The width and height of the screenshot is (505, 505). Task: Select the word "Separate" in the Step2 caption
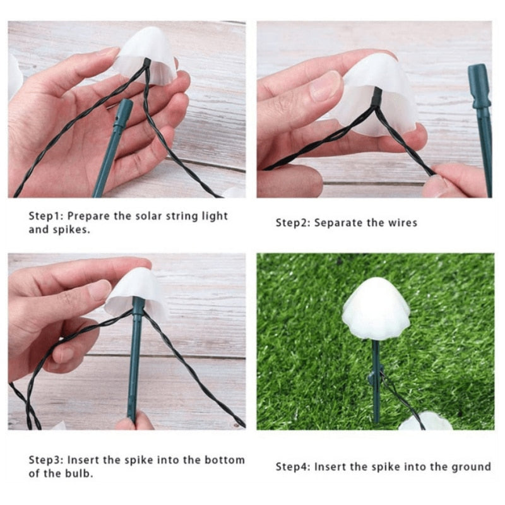tap(340, 223)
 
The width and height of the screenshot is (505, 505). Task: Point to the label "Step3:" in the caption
tap(45, 460)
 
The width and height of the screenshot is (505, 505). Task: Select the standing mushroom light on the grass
tap(376, 309)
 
